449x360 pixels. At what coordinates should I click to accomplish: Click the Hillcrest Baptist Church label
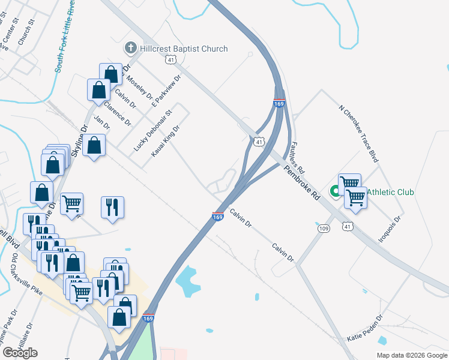point(184,49)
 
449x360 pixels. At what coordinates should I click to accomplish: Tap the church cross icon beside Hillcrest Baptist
point(130,48)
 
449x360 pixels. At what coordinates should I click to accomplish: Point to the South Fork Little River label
point(67,36)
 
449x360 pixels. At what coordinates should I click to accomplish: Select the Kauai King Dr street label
point(165,142)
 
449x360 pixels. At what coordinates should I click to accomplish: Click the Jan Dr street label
point(103,122)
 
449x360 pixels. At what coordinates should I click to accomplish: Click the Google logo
point(20,353)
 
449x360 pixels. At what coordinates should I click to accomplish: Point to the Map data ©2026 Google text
point(412,355)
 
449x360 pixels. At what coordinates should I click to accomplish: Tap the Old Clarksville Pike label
point(22,276)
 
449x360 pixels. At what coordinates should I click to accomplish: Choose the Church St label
point(27,35)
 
